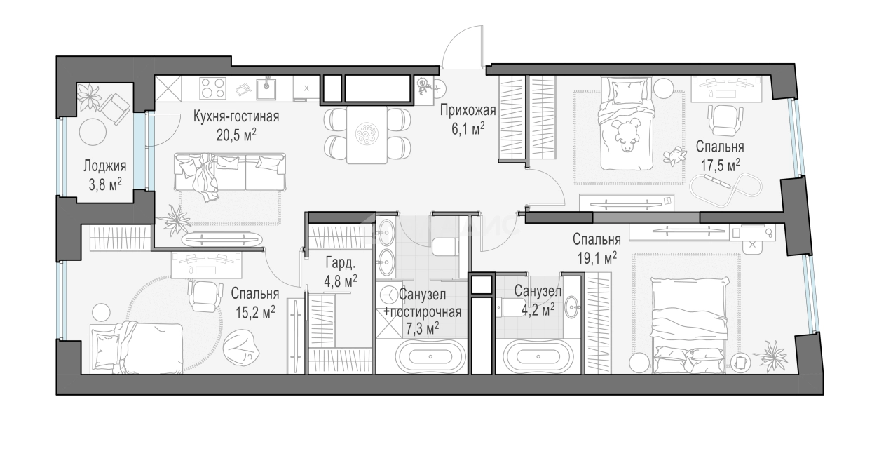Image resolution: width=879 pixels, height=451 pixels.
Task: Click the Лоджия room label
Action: pyautogui.click(x=104, y=166)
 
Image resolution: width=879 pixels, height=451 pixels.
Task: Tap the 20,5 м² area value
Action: pyautogui.click(x=237, y=135)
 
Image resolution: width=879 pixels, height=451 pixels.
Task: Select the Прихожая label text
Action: pyautogui.click(x=468, y=110)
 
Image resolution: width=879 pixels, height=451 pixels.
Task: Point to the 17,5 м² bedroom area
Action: pyautogui.click(x=721, y=166)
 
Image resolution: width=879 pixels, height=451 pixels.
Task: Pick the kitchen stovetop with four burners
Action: pyautogui.click(x=213, y=88)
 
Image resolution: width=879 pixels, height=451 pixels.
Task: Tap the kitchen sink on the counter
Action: pyautogui.click(x=266, y=89)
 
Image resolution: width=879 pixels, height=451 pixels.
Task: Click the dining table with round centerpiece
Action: pyautogui.click(x=367, y=134)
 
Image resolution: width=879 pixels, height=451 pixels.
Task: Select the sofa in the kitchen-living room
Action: pyautogui.click(x=229, y=172)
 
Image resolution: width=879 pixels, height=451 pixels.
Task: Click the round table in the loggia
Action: pyautogui.click(x=93, y=131)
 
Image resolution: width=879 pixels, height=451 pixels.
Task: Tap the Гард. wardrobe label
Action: pyautogui.click(x=340, y=262)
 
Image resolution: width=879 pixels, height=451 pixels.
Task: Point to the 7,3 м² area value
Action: pyautogui.click(x=423, y=329)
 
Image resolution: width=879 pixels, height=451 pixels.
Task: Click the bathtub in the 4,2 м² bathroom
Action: pyautogui.click(x=538, y=356)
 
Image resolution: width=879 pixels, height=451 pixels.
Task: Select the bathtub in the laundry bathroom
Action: pyautogui.click(x=430, y=356)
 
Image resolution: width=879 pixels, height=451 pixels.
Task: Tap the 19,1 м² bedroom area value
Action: pyautogui.click(x=597, y=258)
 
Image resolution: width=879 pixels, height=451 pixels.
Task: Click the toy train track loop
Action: pyautogui.click(x=726, y=191)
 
